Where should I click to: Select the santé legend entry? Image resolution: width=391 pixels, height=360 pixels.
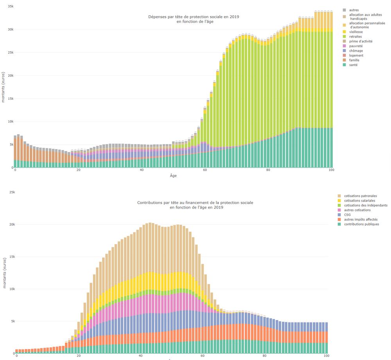(353, 65)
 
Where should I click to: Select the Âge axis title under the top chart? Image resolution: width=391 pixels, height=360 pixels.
(173, 176)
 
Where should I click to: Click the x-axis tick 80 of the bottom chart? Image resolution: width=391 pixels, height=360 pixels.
(265, 356)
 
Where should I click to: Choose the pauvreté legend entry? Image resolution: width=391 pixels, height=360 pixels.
(356, 46)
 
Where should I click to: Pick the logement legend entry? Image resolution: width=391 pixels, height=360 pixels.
(356, 55)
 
